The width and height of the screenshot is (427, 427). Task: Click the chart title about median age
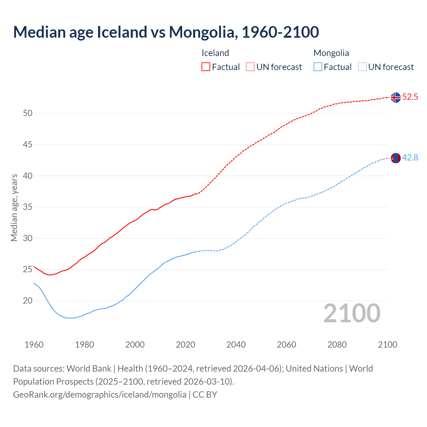pos(166,32)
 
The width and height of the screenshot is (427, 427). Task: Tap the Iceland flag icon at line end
pos(396,97)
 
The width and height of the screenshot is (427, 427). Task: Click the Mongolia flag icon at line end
pos(396,158)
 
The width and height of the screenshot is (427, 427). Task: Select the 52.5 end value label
pos(410,97)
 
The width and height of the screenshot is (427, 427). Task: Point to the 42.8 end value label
pos(410,157)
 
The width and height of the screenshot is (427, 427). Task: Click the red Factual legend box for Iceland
pos(206,67)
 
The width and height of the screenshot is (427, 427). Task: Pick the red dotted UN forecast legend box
pos(250,67)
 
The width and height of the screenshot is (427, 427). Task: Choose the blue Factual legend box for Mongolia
pos(318,67)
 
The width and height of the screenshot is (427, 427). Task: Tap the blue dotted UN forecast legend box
pos(362,67)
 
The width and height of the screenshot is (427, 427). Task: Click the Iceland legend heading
pos(215,53)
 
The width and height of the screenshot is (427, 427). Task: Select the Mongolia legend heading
pos(331,53)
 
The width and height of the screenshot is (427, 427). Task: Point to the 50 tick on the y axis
pos(28,113)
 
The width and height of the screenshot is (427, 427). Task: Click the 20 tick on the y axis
pos(28,301)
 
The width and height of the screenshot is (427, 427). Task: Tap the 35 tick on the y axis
pos(28,207)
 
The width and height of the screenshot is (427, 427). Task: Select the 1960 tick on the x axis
pos(34,345)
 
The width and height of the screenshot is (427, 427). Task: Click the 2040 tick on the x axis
pos(236,345)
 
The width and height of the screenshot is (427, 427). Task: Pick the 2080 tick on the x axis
pos(337,345)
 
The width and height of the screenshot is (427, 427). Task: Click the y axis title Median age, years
pos(14,207)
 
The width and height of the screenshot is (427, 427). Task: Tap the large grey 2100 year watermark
pos(352,313)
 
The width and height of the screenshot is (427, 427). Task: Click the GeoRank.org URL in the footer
pos(99,395)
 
